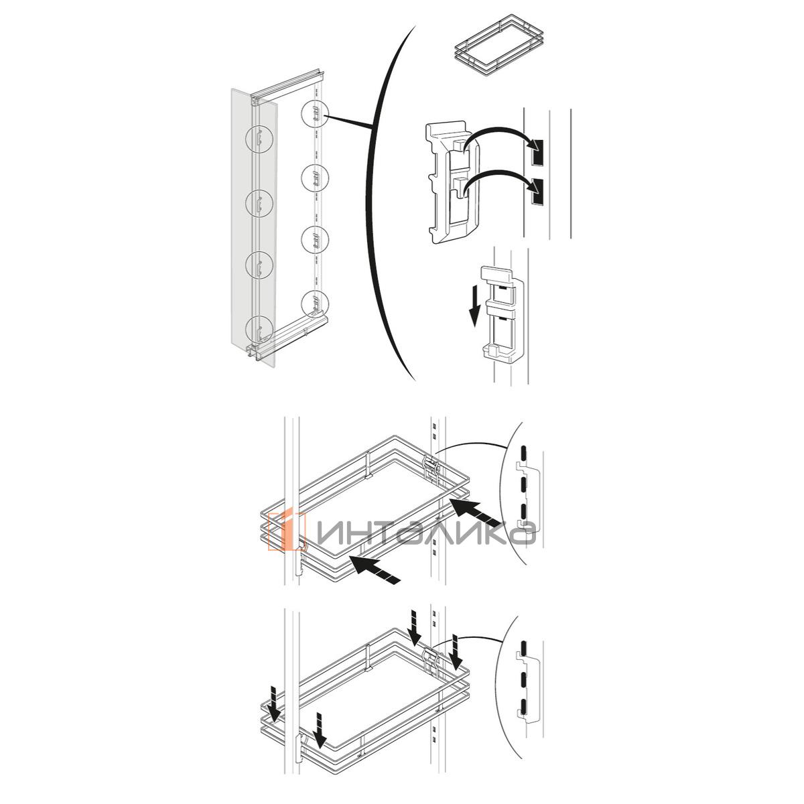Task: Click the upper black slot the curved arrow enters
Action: (x=536, y=151)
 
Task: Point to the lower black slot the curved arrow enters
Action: (x=536, y=192)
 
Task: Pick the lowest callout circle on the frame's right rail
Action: (x=315, y=304)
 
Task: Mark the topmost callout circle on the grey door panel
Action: (x=259, y=139)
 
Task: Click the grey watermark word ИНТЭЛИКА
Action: (x=425, y=533)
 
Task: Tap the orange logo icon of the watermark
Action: (x=287, y=531)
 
